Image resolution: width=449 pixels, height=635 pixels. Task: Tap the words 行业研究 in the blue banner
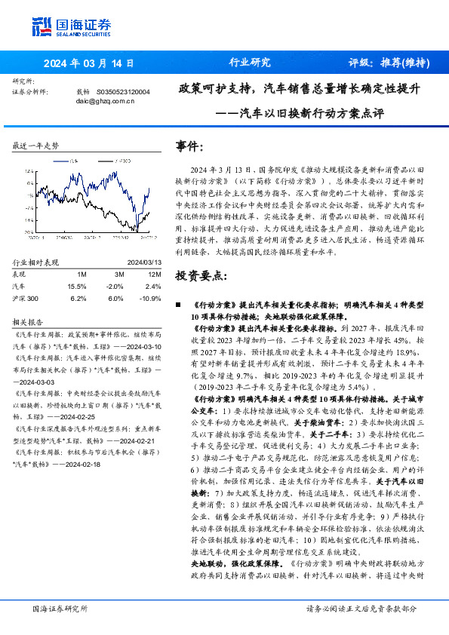pyautogui.click(x=250, y=63)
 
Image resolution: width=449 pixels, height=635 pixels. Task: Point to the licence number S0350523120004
pyautogui.click(x=123, y=91)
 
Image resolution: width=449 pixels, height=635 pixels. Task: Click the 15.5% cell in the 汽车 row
pyautogui.click(x=77, y=287)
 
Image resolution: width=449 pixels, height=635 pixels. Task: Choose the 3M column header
pyautogui.click(x=115, y=275)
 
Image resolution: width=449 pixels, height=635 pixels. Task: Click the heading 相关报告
pyautogui.click(x=28, y=320)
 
